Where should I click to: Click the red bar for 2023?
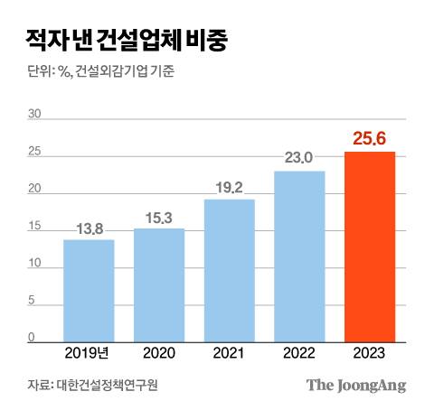pyautogui.click(x=370, y=246)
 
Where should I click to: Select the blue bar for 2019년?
pyautogui.click(x=89, y=289)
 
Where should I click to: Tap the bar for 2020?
pyautogui.click(x=159, y=284)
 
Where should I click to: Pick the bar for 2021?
pyautogui.click(x=230, y=269)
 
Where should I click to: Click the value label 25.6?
pyautogui.click(x=370, y=139)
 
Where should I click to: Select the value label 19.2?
pyautogui.click(x=230, y=189)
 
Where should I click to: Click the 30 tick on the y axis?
pyautogui.click(x=35, y=115)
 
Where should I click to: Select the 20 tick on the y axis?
pyautogui.click(x=35, y=190)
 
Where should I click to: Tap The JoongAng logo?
pyautogui.click(x=355, y=386)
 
